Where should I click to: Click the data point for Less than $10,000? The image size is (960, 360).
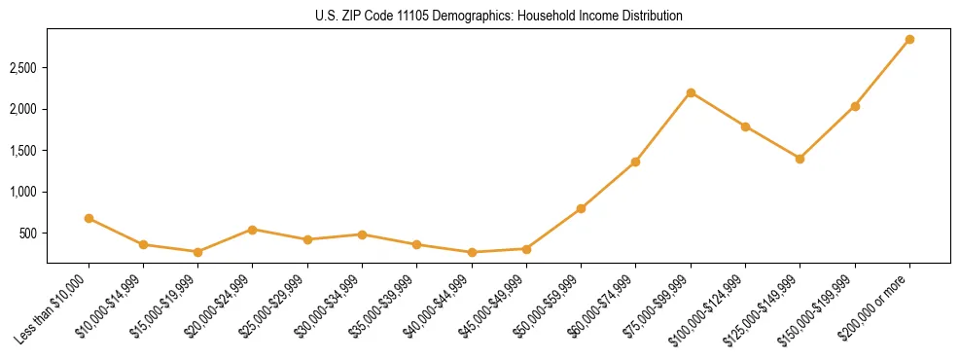tap(89, 218)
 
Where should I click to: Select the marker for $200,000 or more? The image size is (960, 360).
tap(909, 39)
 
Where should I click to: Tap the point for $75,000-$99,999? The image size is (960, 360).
tap(691, 92)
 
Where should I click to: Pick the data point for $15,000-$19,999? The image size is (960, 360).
tap(197, 252)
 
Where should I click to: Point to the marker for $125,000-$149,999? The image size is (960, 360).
tap(800, 159)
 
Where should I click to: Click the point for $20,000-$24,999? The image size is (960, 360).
tap(253, 230)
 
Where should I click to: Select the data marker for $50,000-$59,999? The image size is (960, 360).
tap(581, 208)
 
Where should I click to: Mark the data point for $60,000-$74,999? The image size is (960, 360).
tap(635, 162)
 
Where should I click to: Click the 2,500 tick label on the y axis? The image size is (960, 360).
tap(23, 68)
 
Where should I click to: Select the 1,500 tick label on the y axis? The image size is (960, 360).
tap(23, 151)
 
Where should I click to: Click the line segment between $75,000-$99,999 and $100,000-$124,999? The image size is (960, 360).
tap(718, 109)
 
